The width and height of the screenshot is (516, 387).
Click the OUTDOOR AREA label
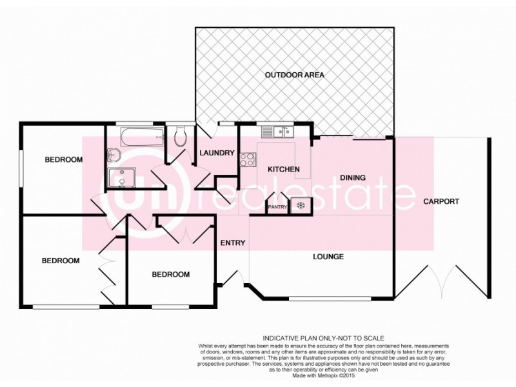click(x=294, y=75)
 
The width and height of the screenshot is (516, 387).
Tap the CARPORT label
click(x=441, y=201)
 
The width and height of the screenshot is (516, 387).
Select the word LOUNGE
click(x=328, y=257)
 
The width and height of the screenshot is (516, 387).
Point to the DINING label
click(x=353, y=177)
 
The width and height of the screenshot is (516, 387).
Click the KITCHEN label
click(x=284, y=170)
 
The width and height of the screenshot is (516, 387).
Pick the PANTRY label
click(x=277, y=206)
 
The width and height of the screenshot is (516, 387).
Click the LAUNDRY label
click(x=216, y=153)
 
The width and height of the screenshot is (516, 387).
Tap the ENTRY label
click(x=233, y=243)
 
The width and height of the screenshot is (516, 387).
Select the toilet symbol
click(x=180, y=135)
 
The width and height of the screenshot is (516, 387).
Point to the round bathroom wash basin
click(x=114, y=155)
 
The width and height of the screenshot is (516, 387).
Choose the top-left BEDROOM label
click(x=63, y=160)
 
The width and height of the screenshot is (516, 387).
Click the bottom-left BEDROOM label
click(x=61, y=261)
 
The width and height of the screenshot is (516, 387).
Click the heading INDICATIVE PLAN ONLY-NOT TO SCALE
click(x=323, y=338)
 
